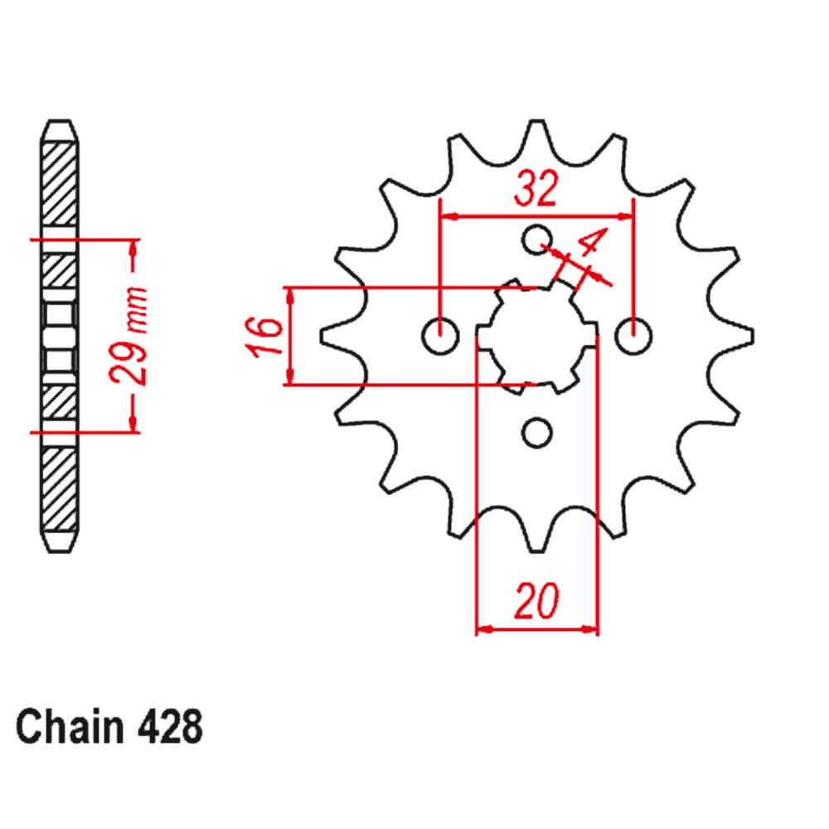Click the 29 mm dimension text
(133, 335)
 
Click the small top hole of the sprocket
(536, 239)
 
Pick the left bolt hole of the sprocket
(439, 337)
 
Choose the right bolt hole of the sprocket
(633, 336)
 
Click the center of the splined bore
(536, 336)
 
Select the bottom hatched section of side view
(61, 489)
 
